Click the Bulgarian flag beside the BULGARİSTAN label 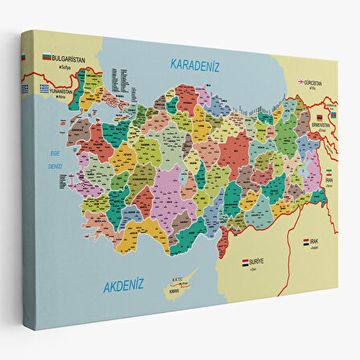click(47, 58)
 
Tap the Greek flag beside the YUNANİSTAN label click(47, 88)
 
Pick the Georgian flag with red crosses click(301, 82)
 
